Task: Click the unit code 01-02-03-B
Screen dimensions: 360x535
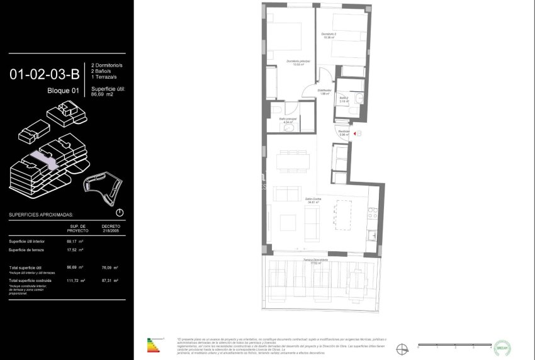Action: click(45, 75)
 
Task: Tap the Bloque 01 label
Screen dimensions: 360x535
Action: click(64, 91)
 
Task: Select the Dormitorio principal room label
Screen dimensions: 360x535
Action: click(298, 62)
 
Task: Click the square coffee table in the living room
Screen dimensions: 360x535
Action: click(288, 222)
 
